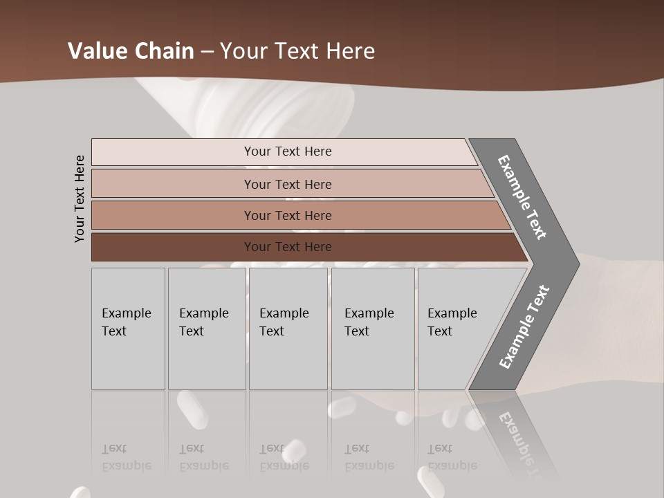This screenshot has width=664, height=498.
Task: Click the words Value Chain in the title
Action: coord(131,51)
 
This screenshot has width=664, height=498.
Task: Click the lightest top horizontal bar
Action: coord(173,152)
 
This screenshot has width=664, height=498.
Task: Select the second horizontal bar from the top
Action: coord(173,184)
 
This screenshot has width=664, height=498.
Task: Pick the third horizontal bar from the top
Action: coord(173,215)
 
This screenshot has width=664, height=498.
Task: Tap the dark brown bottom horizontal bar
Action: coord(173,247)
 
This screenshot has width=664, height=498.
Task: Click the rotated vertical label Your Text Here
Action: coord(80,199)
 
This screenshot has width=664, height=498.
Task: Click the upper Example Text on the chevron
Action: coord(522,197)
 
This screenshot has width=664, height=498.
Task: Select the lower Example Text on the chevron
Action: coord(524,327)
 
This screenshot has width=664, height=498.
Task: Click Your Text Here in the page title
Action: coord(297,51)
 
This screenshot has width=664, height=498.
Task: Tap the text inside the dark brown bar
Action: coord(288,247)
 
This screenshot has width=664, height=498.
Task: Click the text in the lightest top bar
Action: coord(288,151)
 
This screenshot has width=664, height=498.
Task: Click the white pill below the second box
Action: coord(192,409)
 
